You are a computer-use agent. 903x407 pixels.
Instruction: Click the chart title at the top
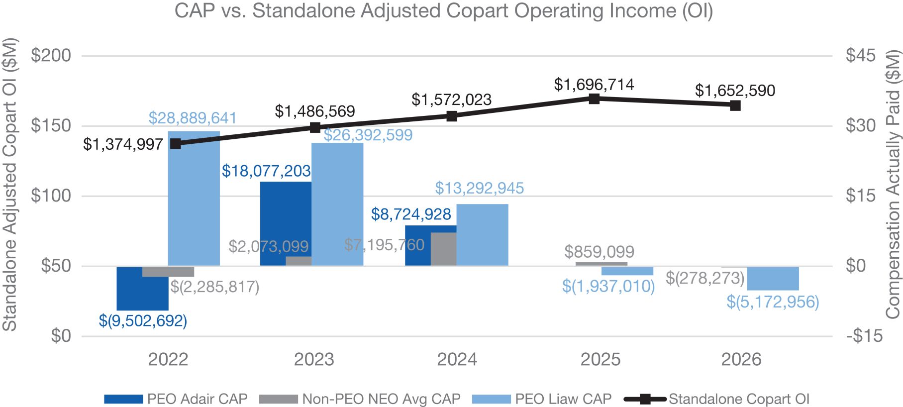point(443,11)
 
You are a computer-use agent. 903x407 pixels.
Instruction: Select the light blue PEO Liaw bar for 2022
point(194,199)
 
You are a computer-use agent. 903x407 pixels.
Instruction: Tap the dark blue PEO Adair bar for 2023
point(286,223)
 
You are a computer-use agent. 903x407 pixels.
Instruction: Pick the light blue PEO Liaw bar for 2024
point(482,235)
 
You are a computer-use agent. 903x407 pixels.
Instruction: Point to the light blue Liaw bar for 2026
point(773,279)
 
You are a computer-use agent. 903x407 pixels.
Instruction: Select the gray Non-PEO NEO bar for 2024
point(443,249)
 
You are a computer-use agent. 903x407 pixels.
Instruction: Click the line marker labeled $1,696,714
point(594,99)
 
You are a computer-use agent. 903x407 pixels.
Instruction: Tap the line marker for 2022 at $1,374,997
point(176,143)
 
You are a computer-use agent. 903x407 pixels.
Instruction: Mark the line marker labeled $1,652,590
point(735,105)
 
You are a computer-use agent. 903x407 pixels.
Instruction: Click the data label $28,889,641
point(193,118)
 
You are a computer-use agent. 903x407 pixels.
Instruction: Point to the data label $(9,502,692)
point(143,320)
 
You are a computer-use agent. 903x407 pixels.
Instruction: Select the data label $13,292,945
point(480,188)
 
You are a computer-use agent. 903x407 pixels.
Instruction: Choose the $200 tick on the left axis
point(51,55)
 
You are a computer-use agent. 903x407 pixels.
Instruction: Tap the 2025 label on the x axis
point(601,359)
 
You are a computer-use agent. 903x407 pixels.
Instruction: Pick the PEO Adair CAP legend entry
point(176,399)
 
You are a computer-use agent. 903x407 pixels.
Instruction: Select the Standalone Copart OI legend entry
point(717,399)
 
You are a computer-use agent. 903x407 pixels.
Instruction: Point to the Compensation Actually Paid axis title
point(893,184)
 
